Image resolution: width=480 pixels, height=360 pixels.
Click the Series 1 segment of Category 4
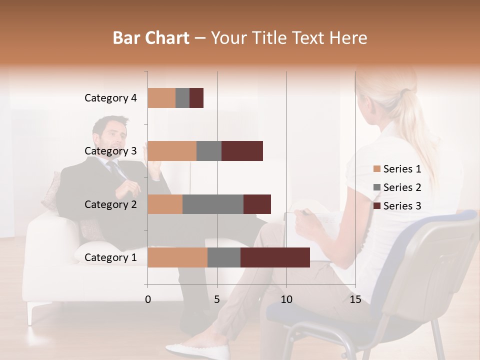161,98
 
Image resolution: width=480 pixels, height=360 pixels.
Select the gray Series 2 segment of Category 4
182,98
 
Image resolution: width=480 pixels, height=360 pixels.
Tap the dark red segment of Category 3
242,151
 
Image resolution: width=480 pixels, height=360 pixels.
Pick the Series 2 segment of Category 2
213,204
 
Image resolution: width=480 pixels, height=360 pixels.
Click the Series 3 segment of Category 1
275,257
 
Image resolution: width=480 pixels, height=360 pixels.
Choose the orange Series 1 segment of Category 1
177,257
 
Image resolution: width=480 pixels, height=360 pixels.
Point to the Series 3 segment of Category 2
257,204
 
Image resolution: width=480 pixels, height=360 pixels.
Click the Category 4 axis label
110,98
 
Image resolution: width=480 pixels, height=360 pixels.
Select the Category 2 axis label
110,204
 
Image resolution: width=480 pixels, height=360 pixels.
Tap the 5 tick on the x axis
217,299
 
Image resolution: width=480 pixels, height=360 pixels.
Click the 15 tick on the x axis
355,299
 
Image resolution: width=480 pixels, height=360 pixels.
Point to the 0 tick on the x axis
148,299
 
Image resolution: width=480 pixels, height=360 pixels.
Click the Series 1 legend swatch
376,169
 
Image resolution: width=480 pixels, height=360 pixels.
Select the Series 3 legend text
402,206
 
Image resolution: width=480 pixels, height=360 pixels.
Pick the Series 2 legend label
402,187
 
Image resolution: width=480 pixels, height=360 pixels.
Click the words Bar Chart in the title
151,38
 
